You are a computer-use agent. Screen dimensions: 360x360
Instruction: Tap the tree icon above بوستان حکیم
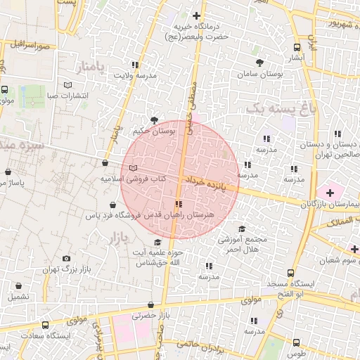[154, 120]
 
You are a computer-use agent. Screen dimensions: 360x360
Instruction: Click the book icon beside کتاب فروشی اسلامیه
[134, 168]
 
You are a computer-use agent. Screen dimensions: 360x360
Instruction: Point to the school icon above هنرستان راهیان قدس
[177, 202]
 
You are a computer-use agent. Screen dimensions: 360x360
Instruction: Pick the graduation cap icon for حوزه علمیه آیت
[157, 243]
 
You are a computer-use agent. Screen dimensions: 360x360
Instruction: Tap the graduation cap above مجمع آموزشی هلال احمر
[242, 229]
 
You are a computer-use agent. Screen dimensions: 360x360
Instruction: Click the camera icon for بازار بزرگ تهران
[67, 259]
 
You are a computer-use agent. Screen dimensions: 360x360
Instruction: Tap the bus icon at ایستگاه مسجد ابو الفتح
[290, 274]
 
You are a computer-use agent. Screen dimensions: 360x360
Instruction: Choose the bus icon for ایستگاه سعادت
[46, 326]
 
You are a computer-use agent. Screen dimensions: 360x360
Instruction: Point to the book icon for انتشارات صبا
[67, 84]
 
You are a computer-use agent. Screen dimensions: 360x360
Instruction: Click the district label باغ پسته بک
[276, 107]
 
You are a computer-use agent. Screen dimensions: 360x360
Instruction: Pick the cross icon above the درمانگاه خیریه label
[196, 15]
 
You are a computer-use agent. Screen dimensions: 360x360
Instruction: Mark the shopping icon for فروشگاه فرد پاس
[112, 205]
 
